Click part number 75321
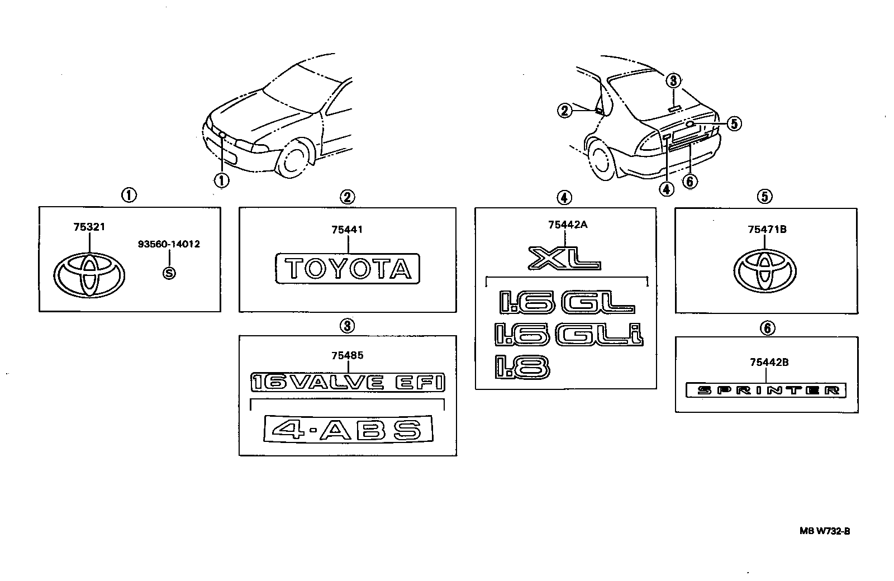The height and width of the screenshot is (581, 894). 89,227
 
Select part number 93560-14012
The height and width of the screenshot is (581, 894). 169,244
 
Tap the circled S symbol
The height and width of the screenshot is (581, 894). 169,273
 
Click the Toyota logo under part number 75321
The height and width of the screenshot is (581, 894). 89,275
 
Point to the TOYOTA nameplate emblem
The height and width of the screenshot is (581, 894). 347,269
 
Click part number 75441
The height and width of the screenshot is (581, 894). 347,230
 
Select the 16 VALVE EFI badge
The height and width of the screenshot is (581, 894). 348,382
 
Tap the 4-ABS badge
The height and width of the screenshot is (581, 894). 348,429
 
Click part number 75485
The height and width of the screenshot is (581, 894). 347,355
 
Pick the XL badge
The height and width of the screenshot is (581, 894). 564,258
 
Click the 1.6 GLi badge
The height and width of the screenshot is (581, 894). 569,335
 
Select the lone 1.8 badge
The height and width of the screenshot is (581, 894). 522,367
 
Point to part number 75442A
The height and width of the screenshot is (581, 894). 568,225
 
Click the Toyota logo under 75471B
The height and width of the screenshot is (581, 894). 765,272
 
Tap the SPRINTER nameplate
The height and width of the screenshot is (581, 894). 765,390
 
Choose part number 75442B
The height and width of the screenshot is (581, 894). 769,363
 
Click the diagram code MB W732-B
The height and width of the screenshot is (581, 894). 825,531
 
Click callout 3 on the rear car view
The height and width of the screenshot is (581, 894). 673,81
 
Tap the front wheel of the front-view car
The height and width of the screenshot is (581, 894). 293,159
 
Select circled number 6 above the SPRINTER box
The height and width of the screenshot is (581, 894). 767,328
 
